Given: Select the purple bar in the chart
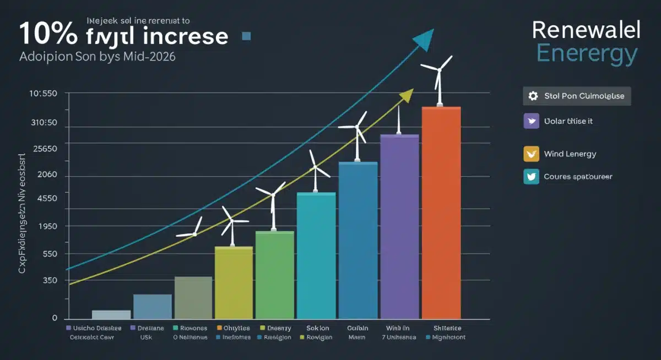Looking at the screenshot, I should tap(399, 226).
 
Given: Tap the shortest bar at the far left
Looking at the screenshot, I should tap(111, 314).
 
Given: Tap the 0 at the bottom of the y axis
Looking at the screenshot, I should tap(55, 318).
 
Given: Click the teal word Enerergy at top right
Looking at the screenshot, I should tap(587, 54).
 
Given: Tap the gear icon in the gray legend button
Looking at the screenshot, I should tap(533, 96).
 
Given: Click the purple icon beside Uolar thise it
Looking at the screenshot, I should tap(531, 121).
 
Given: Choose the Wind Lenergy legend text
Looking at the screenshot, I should tap(570, 154).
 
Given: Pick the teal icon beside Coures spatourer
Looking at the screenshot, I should tap(531, 177).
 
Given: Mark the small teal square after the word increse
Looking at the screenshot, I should tap(246, 36).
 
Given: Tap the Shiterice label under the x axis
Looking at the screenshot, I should tap(447, 328).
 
